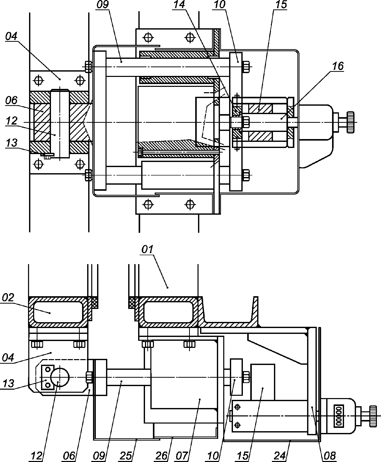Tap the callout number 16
click(x=338, y=66)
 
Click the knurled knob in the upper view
click(x=351, y=122)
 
